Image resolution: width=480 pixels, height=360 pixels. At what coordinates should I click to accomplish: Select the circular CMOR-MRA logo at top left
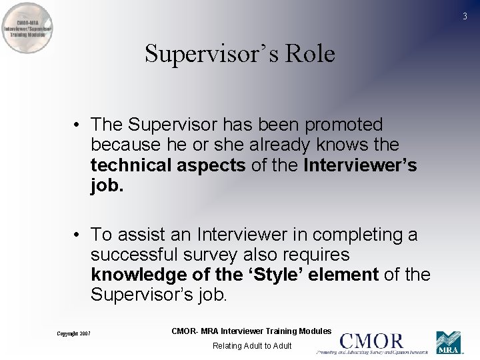coord(27,29)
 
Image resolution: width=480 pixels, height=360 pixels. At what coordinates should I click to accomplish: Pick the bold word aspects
coord(213,165)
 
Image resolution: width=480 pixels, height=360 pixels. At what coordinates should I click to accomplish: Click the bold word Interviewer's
coord(360,165)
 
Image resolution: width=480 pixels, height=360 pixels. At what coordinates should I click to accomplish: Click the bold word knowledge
coord(136,275)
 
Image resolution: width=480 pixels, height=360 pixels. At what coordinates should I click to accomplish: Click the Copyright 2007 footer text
coord(73,333)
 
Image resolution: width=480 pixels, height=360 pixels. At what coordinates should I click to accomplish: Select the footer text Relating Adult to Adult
coord(252,345)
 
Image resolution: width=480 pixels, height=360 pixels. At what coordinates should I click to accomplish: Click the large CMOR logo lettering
coord(371,341)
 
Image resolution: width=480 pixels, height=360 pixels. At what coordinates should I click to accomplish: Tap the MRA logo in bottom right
coord(449,343)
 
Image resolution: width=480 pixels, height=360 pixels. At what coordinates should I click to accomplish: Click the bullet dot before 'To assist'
coord(78,235)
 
